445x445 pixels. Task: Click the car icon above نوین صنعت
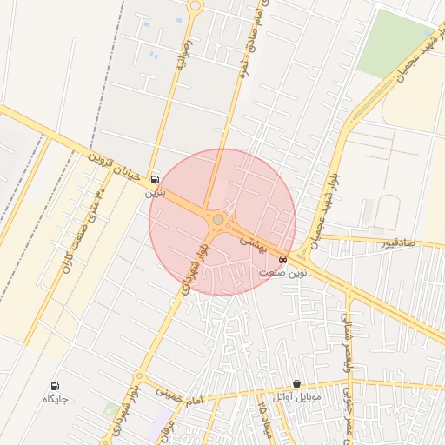tap(283, 258)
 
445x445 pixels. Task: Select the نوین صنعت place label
tap(283, 272)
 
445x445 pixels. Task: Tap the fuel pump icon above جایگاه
tap(56, 385)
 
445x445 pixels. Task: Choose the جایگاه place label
tap(55, 399)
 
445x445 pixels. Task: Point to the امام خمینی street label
tap(179, 395)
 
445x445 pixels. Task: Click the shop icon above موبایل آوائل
tap(296, 383)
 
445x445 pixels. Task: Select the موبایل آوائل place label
tap(296, 397)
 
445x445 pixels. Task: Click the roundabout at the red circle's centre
tap(217, 221)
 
